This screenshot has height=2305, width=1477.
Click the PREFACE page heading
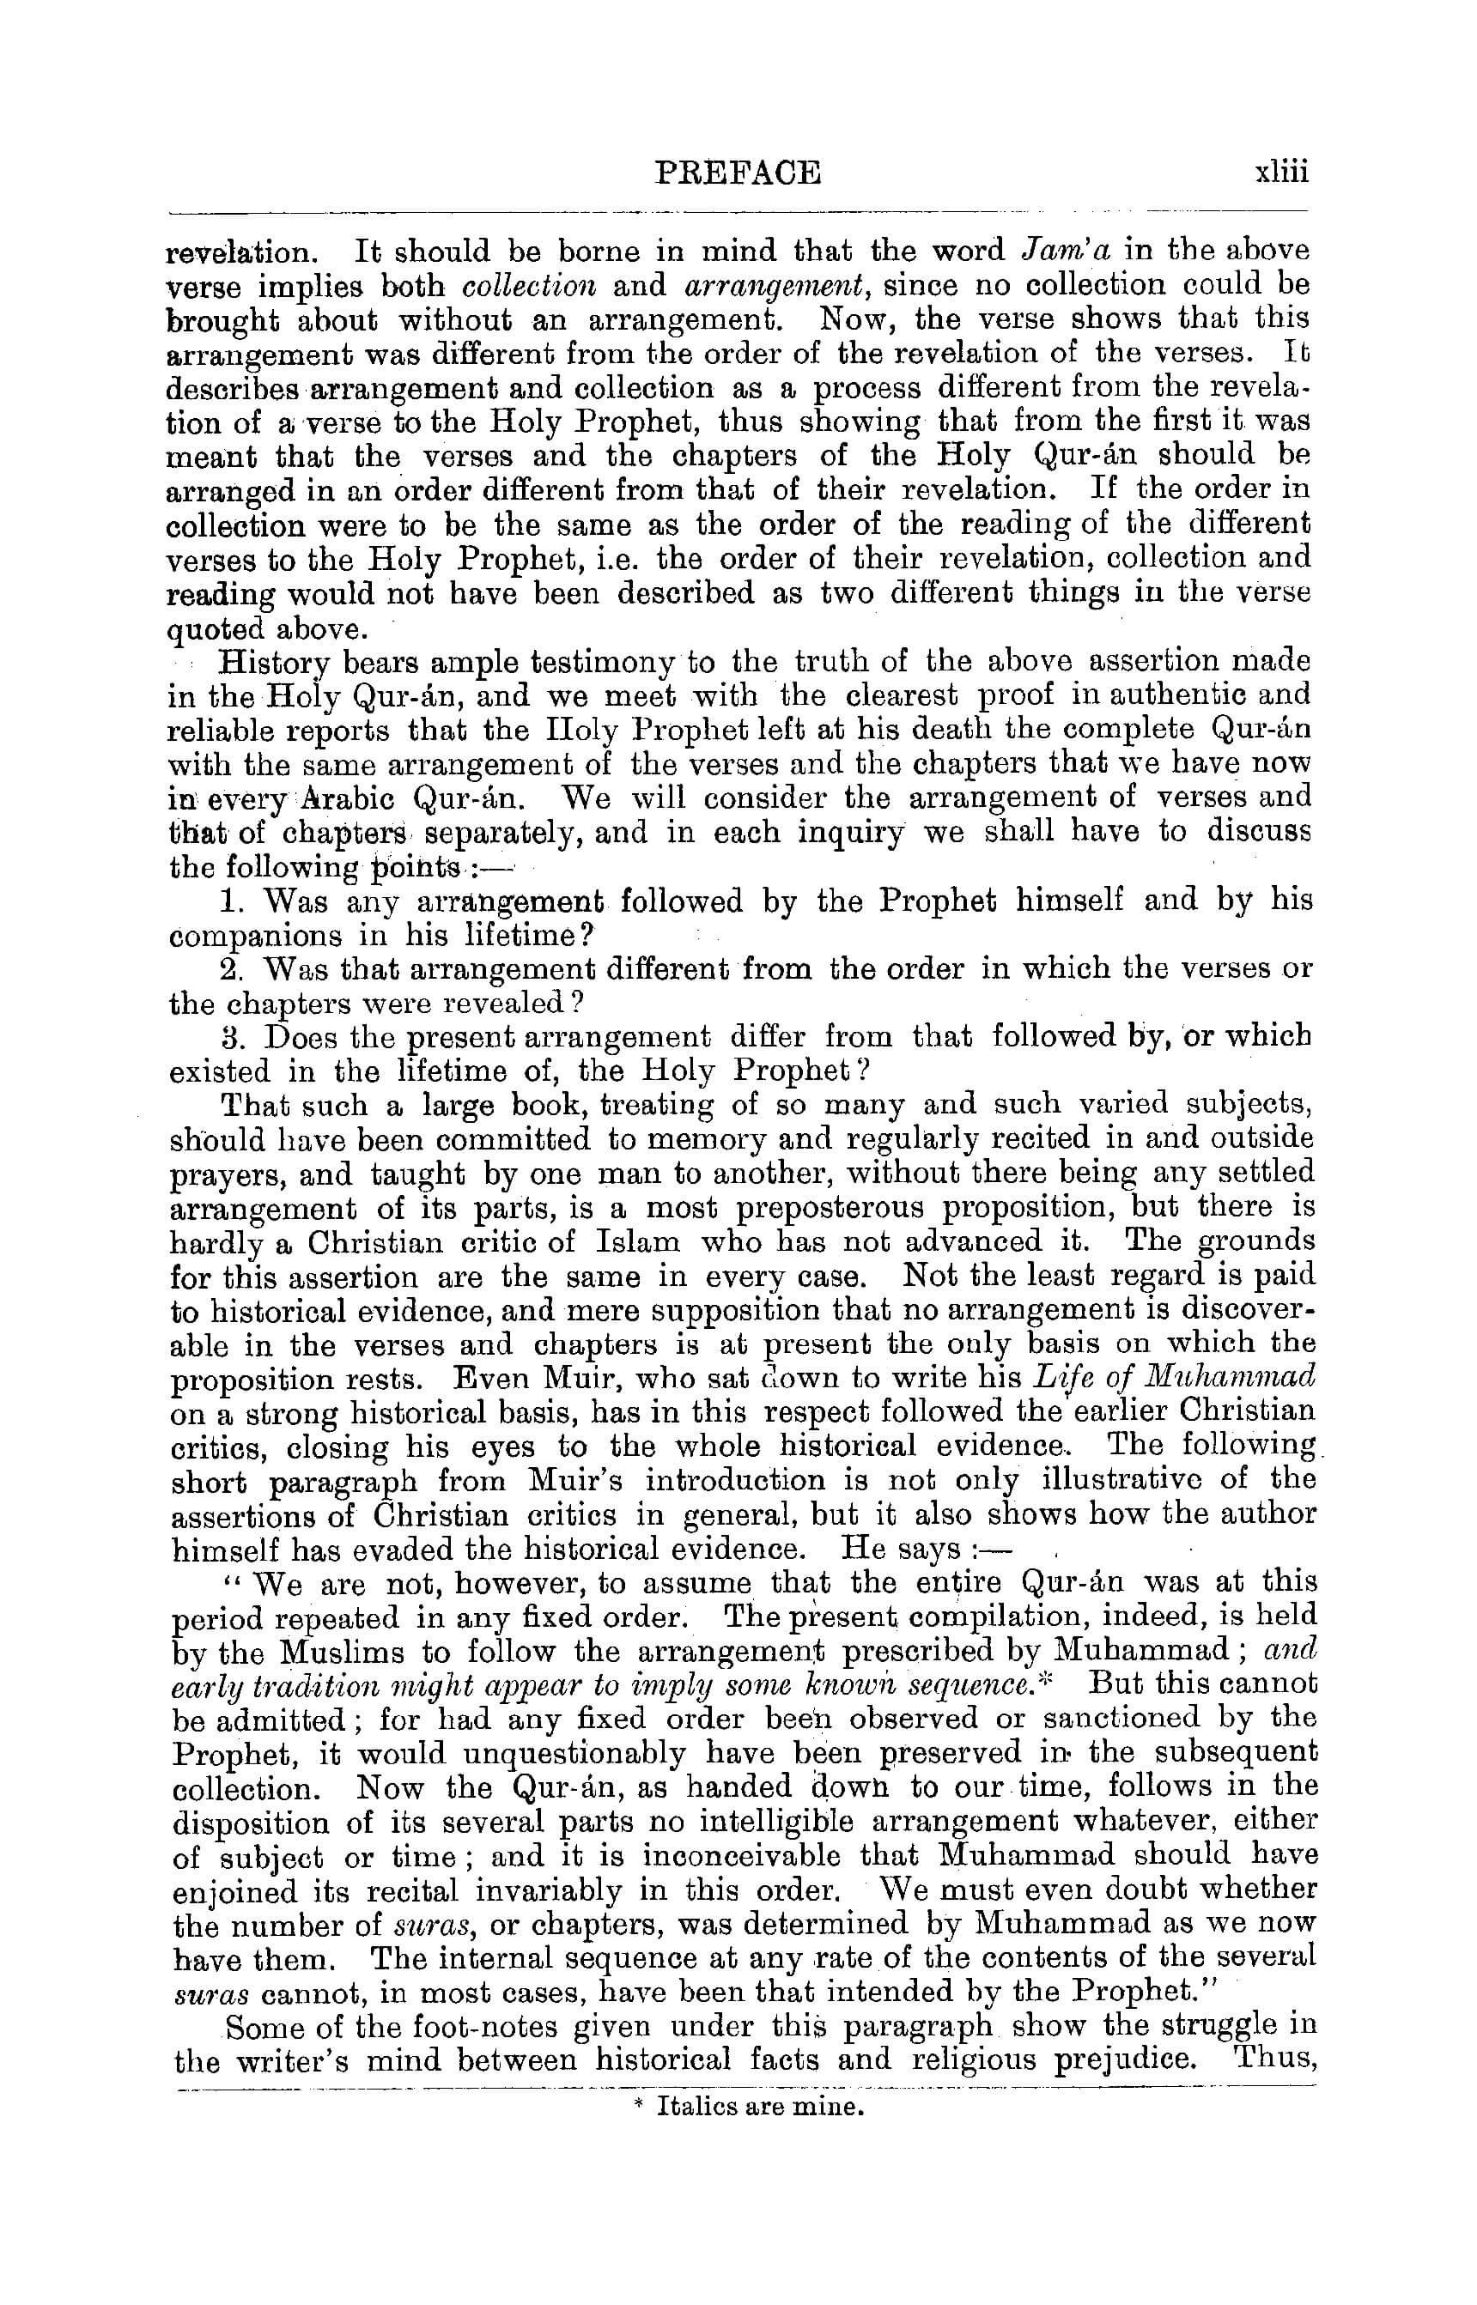738,173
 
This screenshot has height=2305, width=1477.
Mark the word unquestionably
574,1754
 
